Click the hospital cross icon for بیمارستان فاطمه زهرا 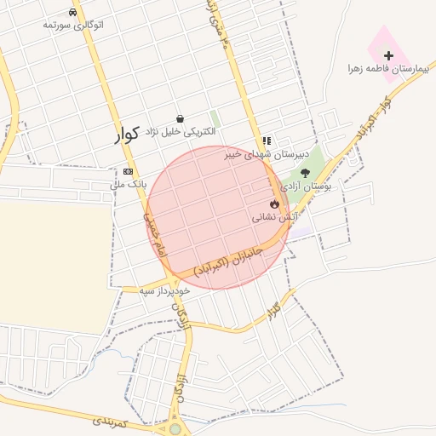[x=389, y=55]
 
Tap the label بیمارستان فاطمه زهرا [x=388, y=67]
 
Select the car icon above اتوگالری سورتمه [x=73, y=13]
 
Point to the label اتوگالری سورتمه [x=73, y=25]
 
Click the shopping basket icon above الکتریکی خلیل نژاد [x=180, y=119]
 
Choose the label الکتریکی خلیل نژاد [x=179, y=132]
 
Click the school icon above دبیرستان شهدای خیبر [x=267, y=141]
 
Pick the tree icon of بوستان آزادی [x=305, y=173]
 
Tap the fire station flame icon [x=274, y=204]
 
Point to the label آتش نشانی [x=273, y=217]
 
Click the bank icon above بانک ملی [x=128, y=171]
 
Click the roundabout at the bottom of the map [x=175, y=428]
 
